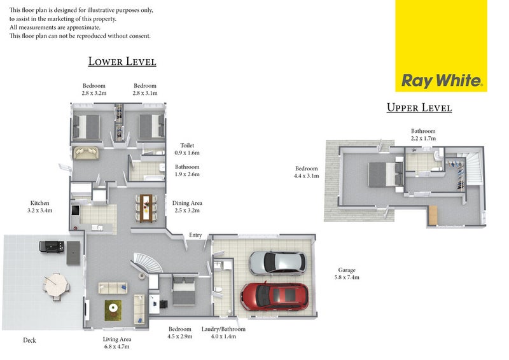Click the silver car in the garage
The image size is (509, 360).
click(277, 261)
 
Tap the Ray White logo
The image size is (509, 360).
click(441, 81)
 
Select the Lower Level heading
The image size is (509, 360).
click(122, 62)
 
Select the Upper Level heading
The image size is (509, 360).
click(419, 107)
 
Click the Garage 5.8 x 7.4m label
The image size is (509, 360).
click(347, 273)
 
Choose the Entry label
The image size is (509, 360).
click(195, 235)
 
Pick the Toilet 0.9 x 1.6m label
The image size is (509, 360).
click(187, 149)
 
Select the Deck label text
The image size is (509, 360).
click(29, 340)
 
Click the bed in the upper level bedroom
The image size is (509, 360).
click(384, 174)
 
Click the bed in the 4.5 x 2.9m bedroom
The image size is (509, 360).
click(183, 291)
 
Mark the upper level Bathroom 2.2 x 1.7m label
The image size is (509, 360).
click(423, 134)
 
